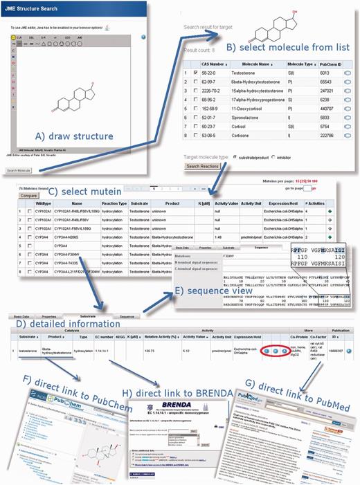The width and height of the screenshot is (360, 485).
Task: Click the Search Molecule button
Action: pos(19,170)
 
